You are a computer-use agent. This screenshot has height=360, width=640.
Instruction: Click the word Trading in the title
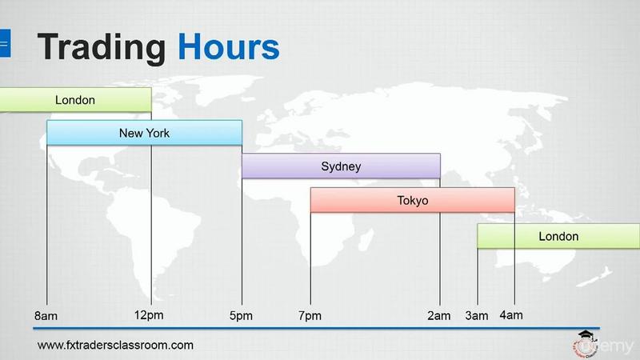coord(102,49)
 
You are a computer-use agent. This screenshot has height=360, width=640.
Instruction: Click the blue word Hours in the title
coord(229,47)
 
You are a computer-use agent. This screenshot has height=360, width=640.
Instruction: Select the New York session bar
coord(145,133)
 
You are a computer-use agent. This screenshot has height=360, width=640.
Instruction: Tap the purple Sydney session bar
coord(342,166)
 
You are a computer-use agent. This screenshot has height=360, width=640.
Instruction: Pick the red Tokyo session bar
coord(413,200)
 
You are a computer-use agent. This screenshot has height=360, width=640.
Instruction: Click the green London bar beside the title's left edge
coord(75,99)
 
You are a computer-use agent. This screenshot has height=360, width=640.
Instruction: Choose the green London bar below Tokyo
coord(558,236)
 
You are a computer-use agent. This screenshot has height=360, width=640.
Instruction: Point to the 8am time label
coord(46,316)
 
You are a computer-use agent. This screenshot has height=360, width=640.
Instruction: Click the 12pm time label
coord(149,315)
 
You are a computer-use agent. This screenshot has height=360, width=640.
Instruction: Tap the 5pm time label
coord(241,315)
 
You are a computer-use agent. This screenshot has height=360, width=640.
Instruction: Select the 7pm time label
coord(310,315)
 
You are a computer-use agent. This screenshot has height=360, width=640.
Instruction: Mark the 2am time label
coord(439,315)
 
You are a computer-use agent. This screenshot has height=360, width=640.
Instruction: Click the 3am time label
coord(477,315)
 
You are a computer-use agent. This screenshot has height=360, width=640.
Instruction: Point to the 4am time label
coord(511,315)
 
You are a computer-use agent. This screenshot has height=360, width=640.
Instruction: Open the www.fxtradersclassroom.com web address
coord(115,346)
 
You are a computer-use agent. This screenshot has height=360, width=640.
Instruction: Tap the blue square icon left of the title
coord(5,43)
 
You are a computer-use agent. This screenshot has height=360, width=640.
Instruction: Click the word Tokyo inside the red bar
coord(413,201)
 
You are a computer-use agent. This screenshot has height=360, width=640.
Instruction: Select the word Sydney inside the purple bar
coord(342,166)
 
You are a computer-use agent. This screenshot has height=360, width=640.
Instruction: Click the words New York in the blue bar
coord(145,133)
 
